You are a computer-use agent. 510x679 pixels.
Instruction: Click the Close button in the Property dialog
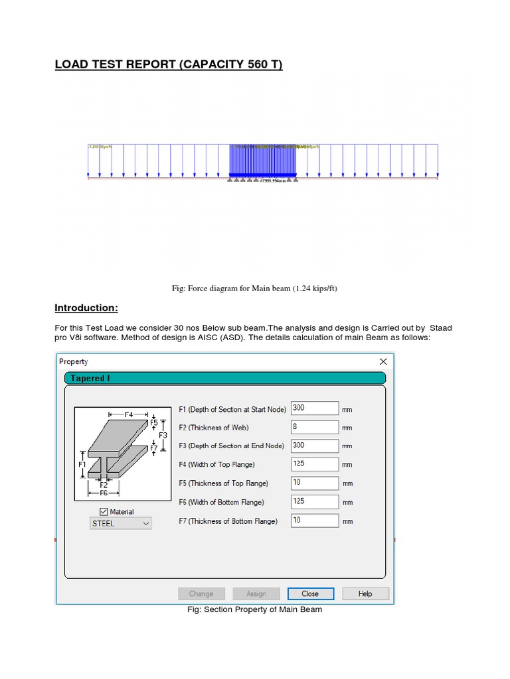[x=310, y=593]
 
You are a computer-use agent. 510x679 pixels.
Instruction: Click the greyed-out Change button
[x=201, y=593]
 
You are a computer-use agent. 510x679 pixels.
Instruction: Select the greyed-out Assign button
[x=256, y=593]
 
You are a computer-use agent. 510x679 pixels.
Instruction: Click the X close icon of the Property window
[x=382, y=361]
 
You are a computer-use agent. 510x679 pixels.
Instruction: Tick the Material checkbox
[x=103, y=511]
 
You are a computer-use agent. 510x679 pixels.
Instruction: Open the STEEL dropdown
[x=121, y=523]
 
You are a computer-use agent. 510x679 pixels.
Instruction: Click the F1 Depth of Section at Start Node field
[x=315, y=408]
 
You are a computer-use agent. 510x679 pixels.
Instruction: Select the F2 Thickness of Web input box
[x=315, y=427]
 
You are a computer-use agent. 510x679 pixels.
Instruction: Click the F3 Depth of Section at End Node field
[x=315, y=446]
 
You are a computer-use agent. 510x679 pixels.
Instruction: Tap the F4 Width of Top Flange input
[x=315, y=464]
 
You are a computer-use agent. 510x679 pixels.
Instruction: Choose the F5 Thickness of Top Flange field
[x=315, y=483]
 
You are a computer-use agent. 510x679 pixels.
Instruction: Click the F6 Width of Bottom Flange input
[x=315, y=502]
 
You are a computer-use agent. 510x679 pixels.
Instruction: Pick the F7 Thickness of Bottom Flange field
[x=315, y=521]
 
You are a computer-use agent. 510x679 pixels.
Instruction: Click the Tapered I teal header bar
[x=224, y=378]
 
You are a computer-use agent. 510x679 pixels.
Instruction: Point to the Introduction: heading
[x=86, y=308]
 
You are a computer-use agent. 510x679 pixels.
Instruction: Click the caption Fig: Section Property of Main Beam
[x=255, y=609]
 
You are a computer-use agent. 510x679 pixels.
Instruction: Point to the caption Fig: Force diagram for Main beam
[x=255, y=288]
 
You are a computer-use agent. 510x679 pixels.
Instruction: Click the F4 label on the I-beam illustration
[x=129, y=414]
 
